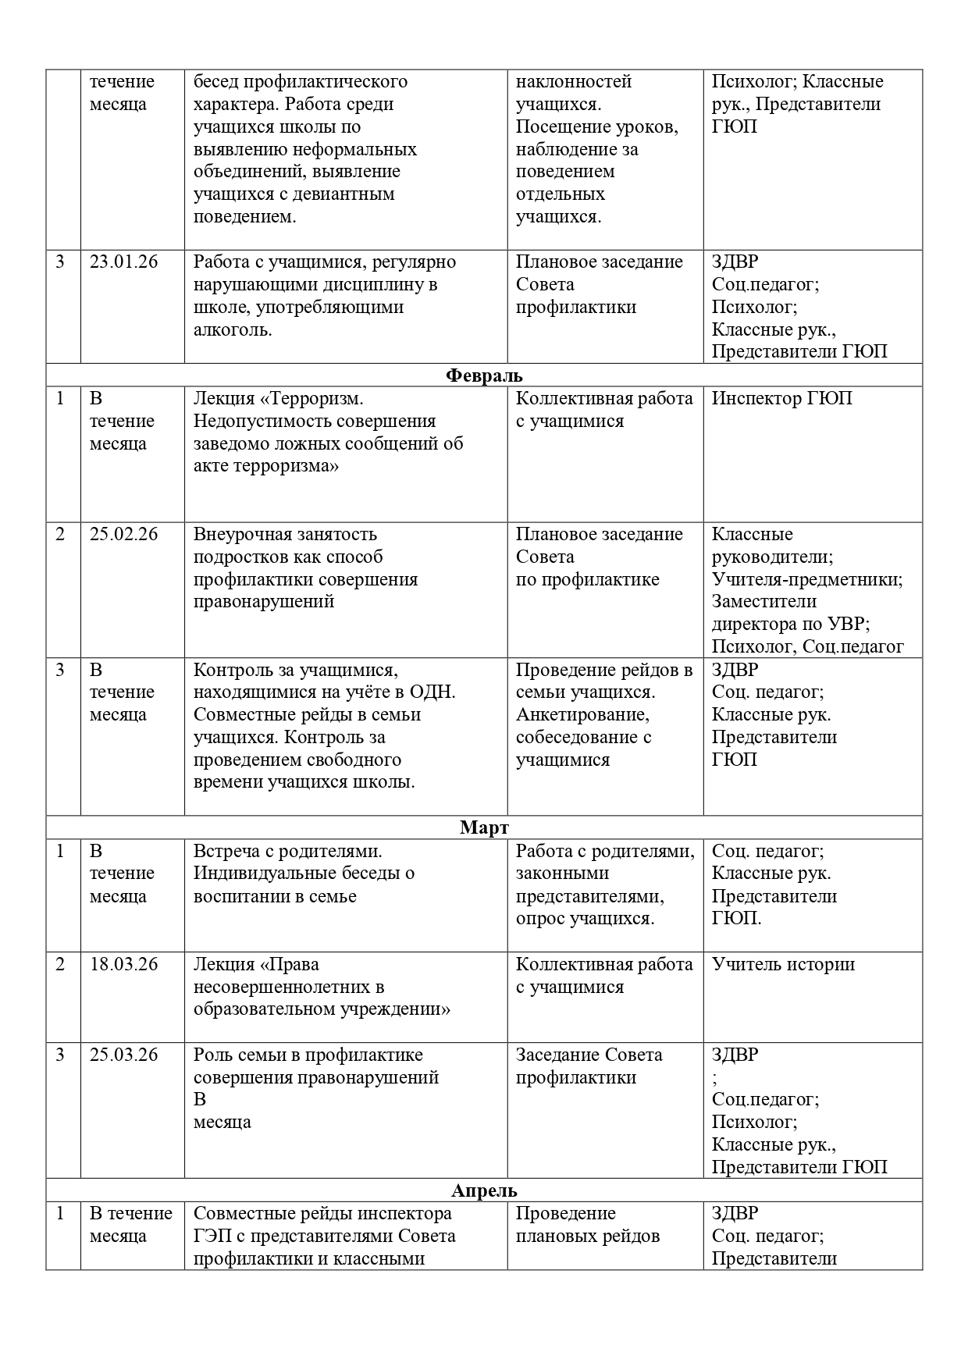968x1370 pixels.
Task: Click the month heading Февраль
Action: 484,375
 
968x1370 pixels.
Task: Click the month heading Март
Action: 484,827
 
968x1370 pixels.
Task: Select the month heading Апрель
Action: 484,1190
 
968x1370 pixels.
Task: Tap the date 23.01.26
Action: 123,262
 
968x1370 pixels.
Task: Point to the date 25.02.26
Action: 123,535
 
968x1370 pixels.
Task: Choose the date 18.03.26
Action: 123,965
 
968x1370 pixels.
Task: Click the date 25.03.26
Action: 123,1055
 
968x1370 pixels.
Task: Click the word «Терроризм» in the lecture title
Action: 311,399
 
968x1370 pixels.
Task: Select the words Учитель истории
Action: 783,965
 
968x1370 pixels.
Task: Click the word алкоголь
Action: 233,330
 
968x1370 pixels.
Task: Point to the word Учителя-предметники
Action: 807,580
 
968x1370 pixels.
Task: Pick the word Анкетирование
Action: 582,715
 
